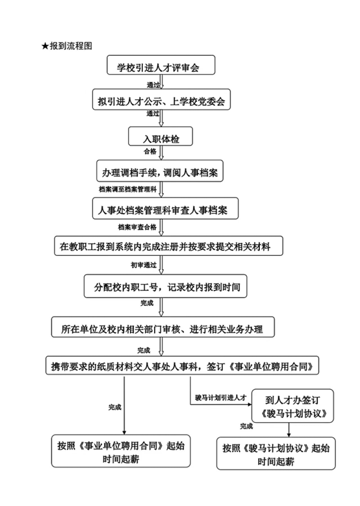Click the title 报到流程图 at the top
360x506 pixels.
71,46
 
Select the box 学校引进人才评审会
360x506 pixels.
161,65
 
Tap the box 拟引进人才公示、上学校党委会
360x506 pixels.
161,100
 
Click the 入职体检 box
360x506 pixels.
161,136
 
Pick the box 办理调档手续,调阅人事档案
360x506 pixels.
160,171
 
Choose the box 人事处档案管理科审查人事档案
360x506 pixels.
165,209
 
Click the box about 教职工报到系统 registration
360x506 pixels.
168,246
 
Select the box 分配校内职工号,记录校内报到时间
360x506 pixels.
165,286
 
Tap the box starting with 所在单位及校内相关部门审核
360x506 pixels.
162,327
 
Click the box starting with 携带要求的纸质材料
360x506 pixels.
182,366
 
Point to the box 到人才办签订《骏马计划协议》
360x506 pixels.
292,406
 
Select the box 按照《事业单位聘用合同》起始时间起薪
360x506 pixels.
121,451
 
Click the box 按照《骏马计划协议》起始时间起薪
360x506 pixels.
276,453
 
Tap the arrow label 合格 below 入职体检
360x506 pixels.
150,151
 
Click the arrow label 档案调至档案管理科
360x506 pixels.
127,190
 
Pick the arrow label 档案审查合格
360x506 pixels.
137,227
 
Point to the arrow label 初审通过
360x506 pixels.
144,265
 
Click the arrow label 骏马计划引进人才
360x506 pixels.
220,398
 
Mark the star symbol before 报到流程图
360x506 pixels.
45,46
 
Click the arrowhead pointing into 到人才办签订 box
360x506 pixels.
250,405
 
